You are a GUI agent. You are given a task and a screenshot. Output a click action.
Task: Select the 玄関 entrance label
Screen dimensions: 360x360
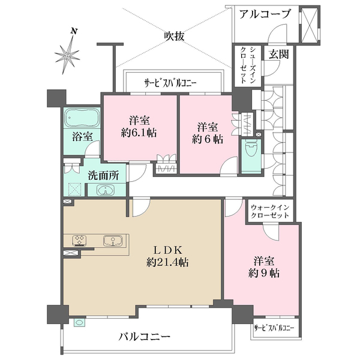(x=278, y=55)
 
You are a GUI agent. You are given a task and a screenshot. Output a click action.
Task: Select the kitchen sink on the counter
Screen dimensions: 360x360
(x=112, y=241)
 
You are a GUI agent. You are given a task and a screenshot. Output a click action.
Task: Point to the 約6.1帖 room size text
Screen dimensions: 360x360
(x=140, y=133)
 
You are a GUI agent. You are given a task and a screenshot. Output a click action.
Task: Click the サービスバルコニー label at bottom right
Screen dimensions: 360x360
(x=274, y=328)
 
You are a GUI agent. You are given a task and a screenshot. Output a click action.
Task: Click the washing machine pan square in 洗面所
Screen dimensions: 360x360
(x=75, y=189)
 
